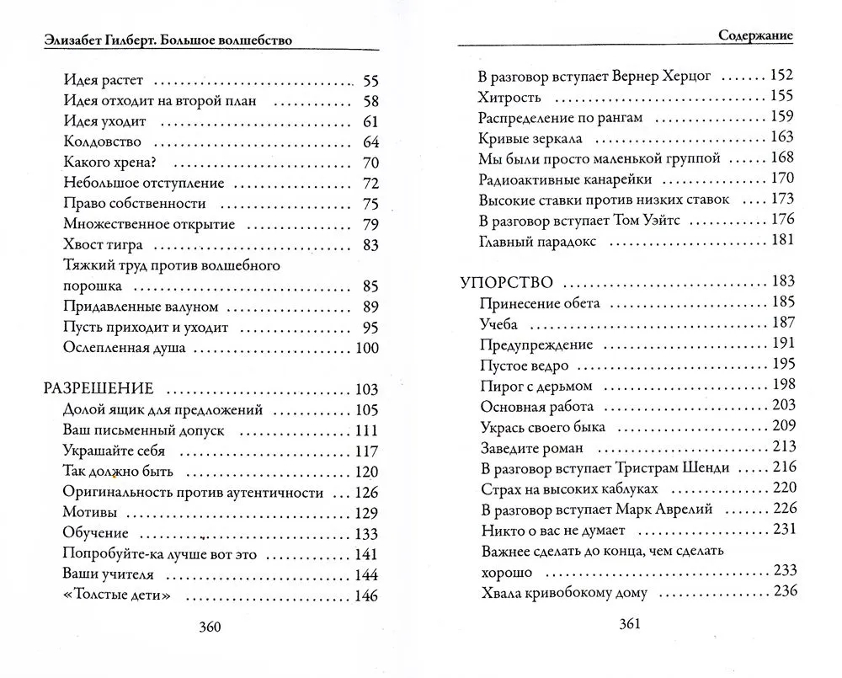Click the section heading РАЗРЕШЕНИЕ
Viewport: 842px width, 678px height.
point(98,389)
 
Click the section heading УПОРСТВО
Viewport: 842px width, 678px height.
point(507,282)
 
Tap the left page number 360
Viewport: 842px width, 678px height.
point(208,627)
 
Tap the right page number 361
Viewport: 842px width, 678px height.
point(631,623)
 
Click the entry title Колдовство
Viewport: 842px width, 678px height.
point(102,141)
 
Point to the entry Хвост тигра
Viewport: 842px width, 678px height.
point(103,245)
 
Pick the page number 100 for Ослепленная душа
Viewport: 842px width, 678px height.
point(366,348)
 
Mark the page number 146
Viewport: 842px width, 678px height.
point(366,595)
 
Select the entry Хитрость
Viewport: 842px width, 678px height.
point(509,96)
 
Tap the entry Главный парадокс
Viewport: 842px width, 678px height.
point(537,241)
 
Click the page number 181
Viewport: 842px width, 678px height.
point(782,241)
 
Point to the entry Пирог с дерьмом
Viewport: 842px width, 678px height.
point(536,386)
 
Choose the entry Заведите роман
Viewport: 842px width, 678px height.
point(531,447)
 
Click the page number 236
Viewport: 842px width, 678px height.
point(784,591)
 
